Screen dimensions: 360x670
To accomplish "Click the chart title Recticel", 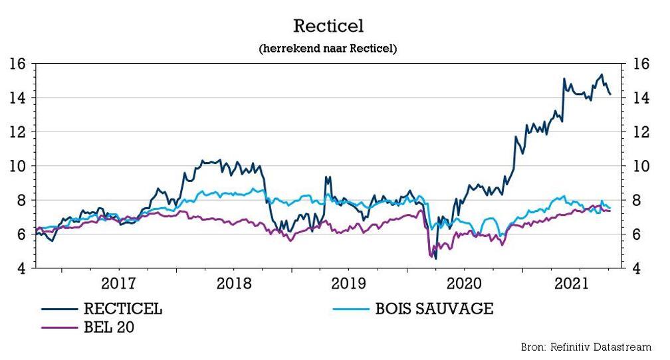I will pyautogui.click(x=328, y=27).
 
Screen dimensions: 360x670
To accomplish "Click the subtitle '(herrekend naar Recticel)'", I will pyautogui.click(x=328, y=48).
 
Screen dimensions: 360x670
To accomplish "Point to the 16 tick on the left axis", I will pyautogui.click(x=17, y=64).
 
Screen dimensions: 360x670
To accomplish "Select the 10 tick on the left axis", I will pyautogui.click(x=17, y=166).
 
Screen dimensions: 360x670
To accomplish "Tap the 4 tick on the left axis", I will pyautogui.click(x=21, y=268).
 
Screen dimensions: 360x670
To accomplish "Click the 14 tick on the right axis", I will pyautogui.click(x=641, y=98).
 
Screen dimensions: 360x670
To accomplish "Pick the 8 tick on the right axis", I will pyautogui.click(x=637, y=200).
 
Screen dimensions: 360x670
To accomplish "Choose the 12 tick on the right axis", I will pyautogui.click(x=641, y=132).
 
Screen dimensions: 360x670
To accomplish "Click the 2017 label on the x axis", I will pyautogui.click(x=119, y=284).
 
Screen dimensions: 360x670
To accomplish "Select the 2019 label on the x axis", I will pyautogui.click(x=349, y=284).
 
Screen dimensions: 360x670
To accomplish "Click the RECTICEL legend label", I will pyautogui.click(x=122, y=309).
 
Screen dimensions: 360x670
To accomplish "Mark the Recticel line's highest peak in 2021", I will pyautogui.click(x=602, y=74).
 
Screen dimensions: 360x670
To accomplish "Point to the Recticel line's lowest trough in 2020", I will pyautogui.click(x=435, y=258).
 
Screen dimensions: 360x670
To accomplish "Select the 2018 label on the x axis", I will pyautogui.click(x=234, y=284).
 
